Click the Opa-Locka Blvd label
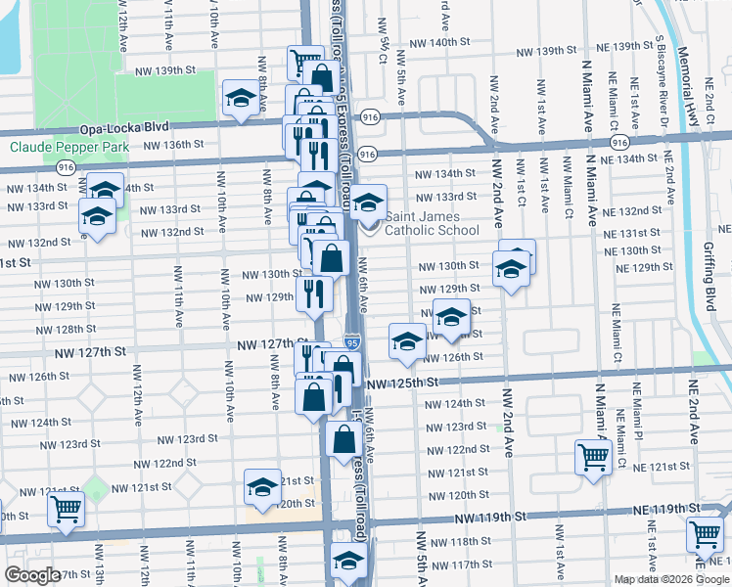coord(125,127)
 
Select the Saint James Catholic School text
coord(432,224)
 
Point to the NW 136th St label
coord(173,145)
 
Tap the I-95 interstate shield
coord(351,342)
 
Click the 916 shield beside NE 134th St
coord(618,142)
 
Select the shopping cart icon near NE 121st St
coord(593,455)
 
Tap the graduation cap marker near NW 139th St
coord(240,98)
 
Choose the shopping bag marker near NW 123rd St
coord(343,437)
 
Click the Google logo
coord(32,576)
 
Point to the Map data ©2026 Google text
coord(672,579)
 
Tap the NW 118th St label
coord(470,541)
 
